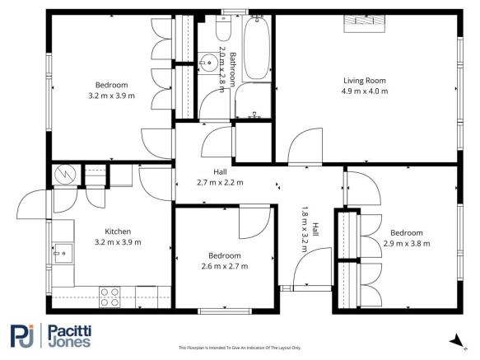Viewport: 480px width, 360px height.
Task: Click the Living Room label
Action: coord(365,80)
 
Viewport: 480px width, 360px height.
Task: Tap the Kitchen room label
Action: coord(118,231)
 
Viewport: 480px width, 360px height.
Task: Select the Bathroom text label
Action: coord(233,69)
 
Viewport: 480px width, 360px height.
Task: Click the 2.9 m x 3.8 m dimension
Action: coord(407,243)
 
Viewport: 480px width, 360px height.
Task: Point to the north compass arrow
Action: coord(454,339)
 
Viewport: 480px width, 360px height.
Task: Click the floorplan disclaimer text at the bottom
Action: coord(240,348)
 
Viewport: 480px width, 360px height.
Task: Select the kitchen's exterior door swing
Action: coord(33,206)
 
